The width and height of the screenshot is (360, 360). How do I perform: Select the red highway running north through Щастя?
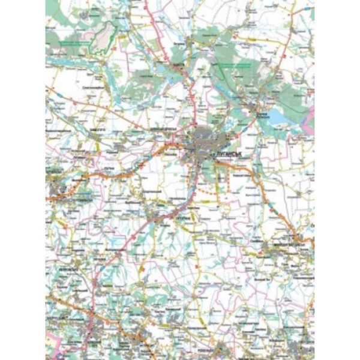click(x=191, y=90)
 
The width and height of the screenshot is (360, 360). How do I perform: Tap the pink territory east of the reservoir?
click(x=309, y=120)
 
